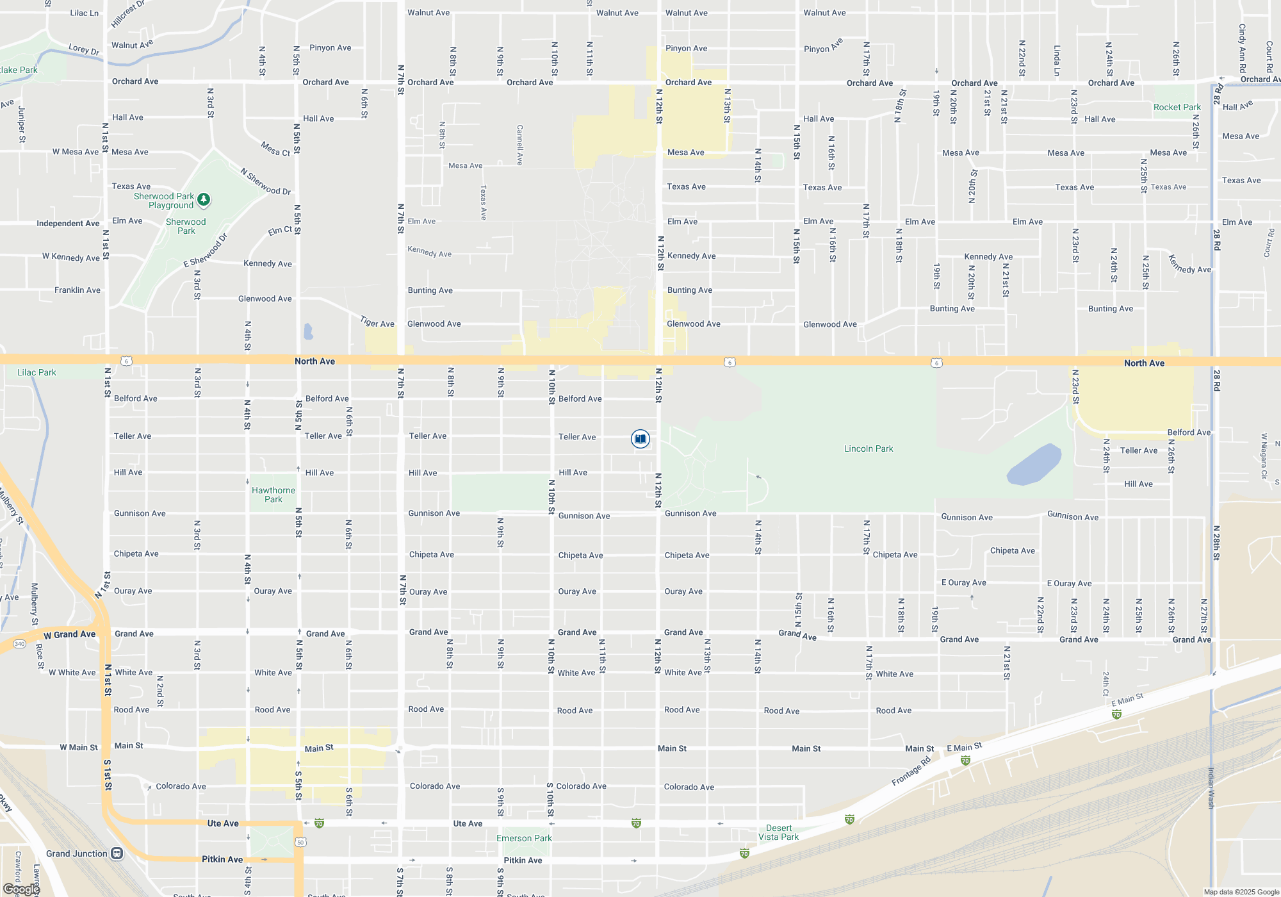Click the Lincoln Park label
868,448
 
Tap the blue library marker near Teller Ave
640,439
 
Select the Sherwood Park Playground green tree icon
204,200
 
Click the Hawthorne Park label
273,495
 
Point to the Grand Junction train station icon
117,853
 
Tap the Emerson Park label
524,838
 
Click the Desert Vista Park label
778,832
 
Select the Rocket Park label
1177,107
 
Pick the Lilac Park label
37,372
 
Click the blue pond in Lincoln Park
1034,465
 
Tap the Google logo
22,889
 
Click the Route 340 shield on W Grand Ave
19,644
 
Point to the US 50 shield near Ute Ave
300,842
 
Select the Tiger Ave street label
377,322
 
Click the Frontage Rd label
911,771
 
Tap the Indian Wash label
1211,788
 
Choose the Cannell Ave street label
519,145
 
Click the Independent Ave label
68,224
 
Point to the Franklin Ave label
78,290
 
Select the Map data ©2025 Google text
1241,892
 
